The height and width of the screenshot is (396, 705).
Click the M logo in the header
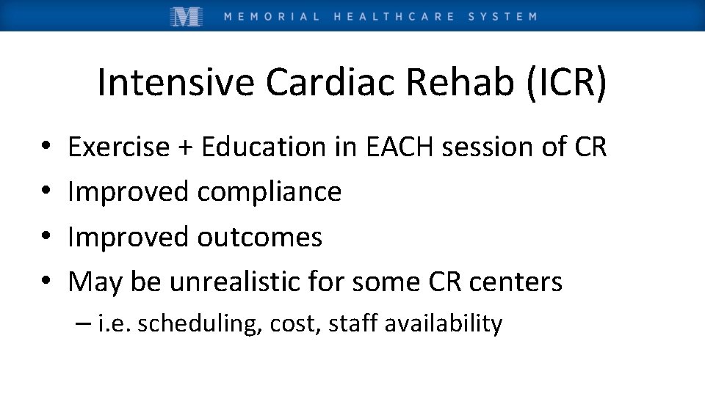(x=187, y=16)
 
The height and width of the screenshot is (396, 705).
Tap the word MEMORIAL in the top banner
(x=272, y=16)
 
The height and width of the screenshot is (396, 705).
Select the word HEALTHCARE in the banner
(x=394, y=16)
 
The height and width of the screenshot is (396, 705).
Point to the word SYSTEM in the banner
(x=502, y=16)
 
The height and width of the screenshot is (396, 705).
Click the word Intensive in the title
(x=177, y=83)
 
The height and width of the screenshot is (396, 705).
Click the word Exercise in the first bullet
(x=118, y=147)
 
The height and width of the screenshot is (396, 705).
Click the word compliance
(x=270, y=193)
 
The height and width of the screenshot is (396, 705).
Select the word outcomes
(x=260, y=238)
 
